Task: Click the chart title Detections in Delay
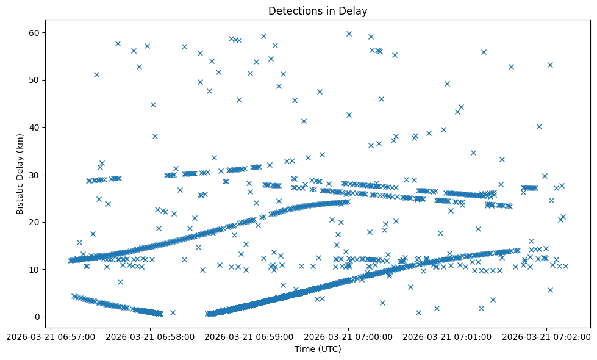(x=318, y=11)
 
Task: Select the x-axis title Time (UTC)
(x=318, y=349)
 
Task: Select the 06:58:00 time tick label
(x=150, y=336)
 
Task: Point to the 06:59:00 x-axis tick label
(x=249, y=336)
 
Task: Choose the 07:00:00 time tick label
(x=349, y=336)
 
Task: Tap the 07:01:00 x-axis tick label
(x=448, y=336)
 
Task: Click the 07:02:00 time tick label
(x=547, y=336)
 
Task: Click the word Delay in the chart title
(x=354, y=11)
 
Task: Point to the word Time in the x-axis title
(x=305, y=349)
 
